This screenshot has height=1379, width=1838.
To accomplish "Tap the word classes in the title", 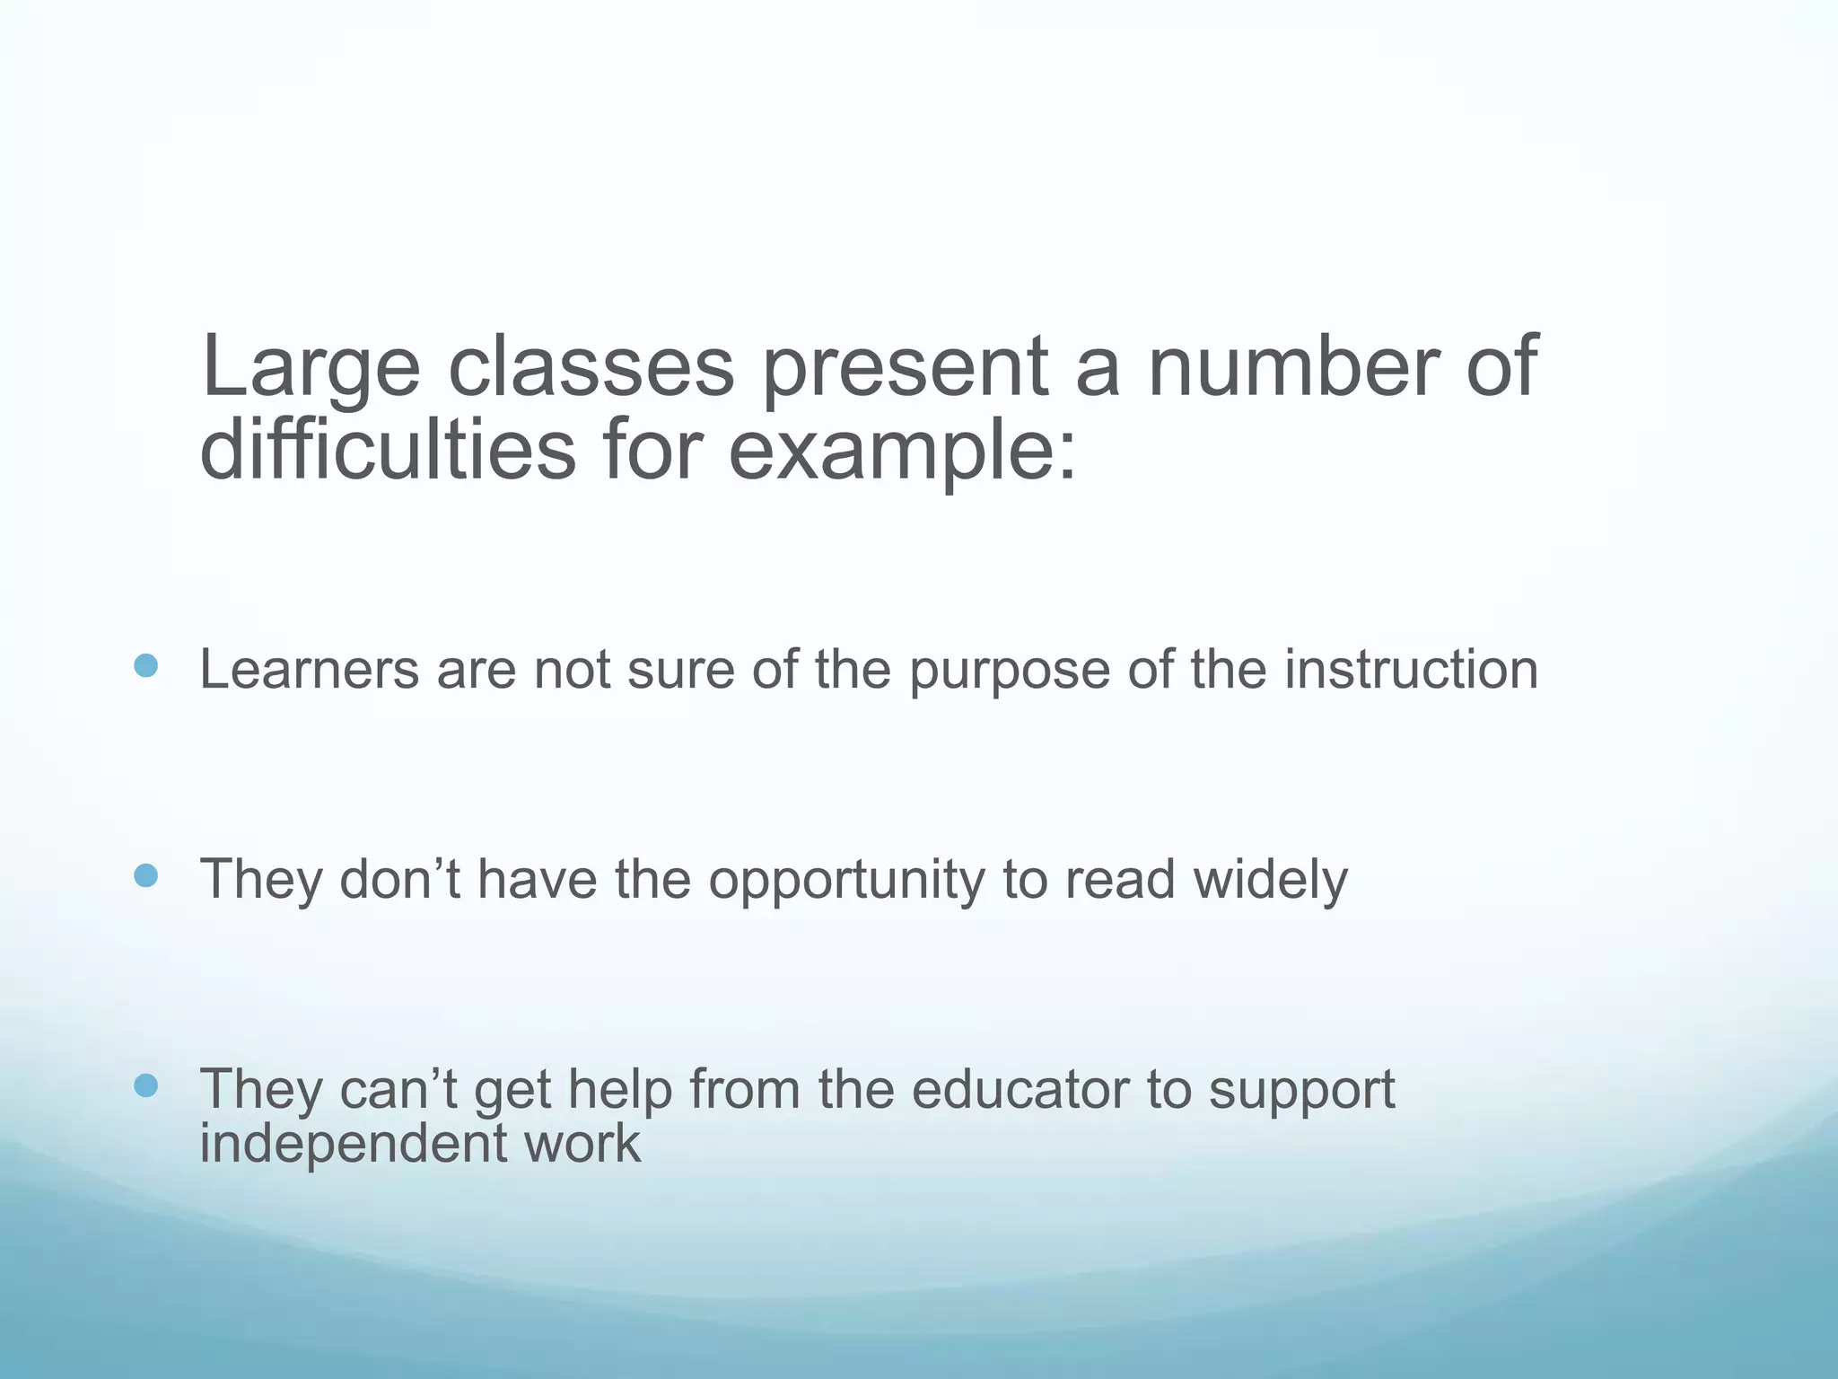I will click(x=591, y=366).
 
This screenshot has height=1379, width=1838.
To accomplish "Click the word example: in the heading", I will click(x=901, y=451).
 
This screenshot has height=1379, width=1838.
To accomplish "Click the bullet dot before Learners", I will click(x=145, y=666).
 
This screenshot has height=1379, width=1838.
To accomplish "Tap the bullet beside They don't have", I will click(x=145, y=875).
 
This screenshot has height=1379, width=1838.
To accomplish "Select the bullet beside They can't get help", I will click(x=145, y=1086).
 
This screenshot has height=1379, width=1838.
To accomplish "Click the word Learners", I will click(x=309, y=670).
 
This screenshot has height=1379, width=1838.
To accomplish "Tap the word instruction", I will click(x=1411, y=670).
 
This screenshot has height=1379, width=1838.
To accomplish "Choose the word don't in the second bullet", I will click(x=400, y=879).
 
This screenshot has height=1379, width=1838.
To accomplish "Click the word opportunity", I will click(x=846, y=881).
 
